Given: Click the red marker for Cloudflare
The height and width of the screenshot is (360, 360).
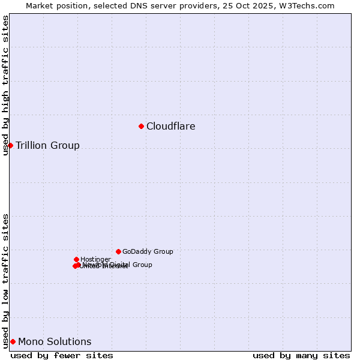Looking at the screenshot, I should point(142,126).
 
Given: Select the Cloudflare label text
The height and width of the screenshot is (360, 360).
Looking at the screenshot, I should point(171,127).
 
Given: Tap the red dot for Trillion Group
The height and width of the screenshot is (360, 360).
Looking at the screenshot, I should point(10,145).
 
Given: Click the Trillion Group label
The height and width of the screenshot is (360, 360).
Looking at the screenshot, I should point(47,146).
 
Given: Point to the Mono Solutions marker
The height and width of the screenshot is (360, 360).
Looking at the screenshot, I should point(13,341).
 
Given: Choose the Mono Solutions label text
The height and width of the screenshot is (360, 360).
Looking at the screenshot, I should point(55,342).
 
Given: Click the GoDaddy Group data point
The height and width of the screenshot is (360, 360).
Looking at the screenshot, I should point(118,251).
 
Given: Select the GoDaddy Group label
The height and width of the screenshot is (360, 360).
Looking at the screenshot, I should point(148,252).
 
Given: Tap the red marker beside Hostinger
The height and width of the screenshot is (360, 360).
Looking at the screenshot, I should point(76,259).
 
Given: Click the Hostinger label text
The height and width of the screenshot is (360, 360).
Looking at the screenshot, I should point(95,260).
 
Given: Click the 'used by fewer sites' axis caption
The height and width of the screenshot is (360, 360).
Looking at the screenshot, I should point(62,355).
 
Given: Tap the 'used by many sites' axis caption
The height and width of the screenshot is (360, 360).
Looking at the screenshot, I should point(301,355).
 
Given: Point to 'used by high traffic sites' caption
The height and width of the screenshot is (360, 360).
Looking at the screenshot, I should point(6,85).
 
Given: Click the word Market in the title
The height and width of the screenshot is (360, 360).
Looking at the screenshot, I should point(40,5).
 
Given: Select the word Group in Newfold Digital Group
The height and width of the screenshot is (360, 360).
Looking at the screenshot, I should point(142,265).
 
